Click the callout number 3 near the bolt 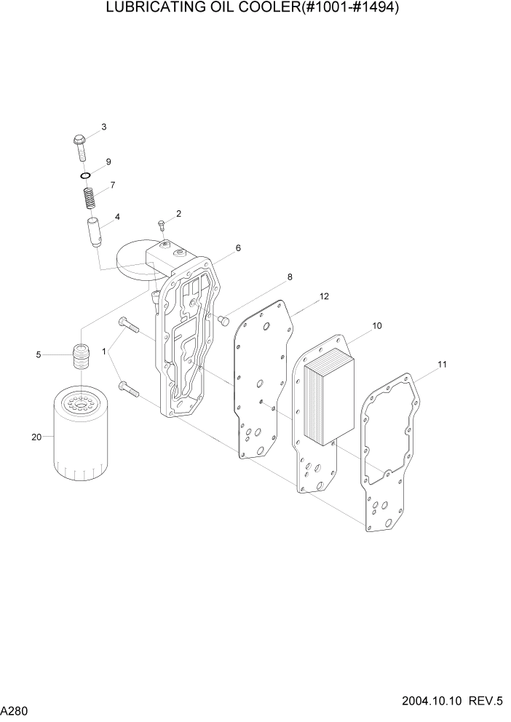click(103, 127)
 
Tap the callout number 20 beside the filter click(36, 437)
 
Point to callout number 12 click(324, 296)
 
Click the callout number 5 click(38, 355)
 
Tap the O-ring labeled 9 click(85, 175)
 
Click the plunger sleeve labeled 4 click(94, 232)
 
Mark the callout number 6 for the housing click(237, 248)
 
